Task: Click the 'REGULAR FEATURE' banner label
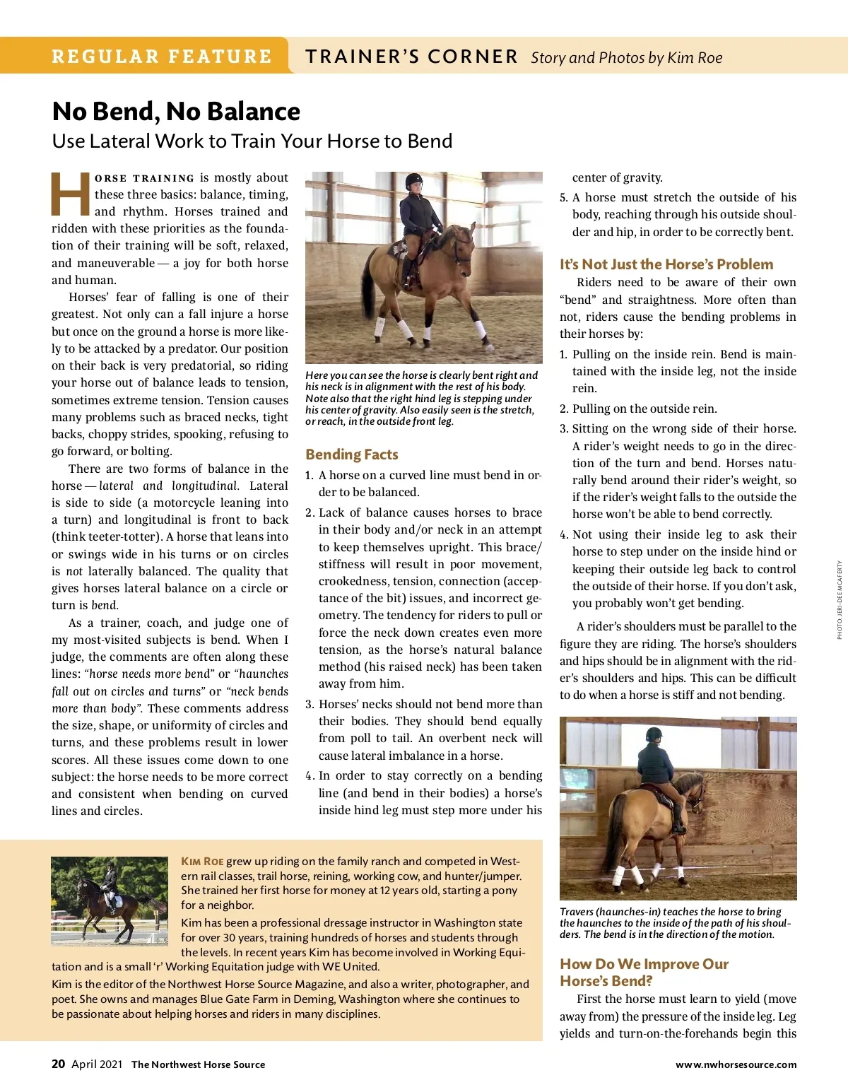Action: pos(162,57)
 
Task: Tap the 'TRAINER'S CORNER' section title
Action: pos(411,57)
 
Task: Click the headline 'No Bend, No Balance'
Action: pos(176,112)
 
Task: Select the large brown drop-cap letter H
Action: pos(71,194)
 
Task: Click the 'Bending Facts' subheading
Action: pos(352,454)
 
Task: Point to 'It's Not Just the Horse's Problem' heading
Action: pos(666,264)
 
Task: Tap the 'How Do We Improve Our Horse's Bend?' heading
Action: pos(644,973)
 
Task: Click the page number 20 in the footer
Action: pos(59,1064)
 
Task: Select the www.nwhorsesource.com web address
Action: pos(736,1064)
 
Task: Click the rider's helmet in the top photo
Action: pos(414,182)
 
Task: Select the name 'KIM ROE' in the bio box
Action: pos(202,861)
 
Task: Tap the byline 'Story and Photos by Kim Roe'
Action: pos(626,58)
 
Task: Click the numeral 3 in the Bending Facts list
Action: pos(310,704)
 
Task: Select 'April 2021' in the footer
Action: pos(97,1064)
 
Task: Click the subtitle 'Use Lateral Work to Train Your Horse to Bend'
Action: pos(252,141)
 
